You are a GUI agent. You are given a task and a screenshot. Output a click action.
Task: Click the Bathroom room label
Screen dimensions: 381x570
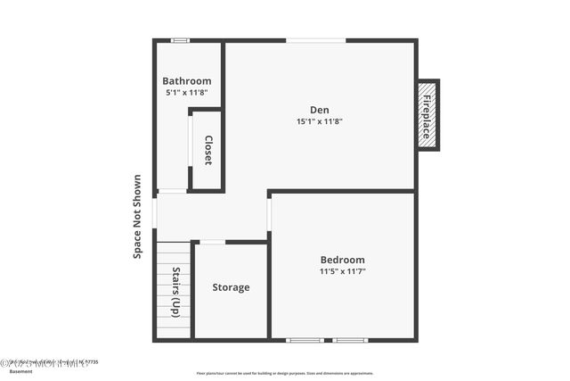point(187,81)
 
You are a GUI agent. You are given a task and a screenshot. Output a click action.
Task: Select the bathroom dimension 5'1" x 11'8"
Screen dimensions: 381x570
point(187,92)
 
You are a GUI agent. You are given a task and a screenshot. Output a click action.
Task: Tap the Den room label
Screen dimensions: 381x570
point(319,110)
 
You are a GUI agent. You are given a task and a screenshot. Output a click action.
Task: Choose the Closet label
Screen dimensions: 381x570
point(208,150)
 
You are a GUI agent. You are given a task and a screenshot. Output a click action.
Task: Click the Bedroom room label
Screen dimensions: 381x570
point(343,260)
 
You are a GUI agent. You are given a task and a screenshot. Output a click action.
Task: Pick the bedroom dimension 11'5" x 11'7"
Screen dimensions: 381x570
point(343,271)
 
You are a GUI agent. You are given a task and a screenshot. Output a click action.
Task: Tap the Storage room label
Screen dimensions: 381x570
point(231,287)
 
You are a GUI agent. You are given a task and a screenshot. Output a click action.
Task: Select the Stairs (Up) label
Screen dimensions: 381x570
point(176,292)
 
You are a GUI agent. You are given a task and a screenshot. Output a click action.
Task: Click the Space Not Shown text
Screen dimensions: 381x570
point(138,217)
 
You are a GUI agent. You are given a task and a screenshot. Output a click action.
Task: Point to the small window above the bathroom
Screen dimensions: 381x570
point(180,40)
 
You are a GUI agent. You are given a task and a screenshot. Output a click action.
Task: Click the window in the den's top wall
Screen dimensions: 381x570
point(315,40)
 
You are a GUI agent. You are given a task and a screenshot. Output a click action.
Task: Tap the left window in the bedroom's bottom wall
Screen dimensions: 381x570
point(305,340)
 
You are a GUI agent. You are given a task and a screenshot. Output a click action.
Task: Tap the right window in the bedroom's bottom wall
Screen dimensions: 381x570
point(350,340)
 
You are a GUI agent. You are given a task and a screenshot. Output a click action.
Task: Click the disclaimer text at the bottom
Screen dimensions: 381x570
point(285,374)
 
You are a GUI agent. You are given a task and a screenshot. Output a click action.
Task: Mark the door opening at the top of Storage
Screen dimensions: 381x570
point(212,242)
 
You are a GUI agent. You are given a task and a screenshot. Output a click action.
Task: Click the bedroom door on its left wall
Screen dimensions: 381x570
point(269,214)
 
